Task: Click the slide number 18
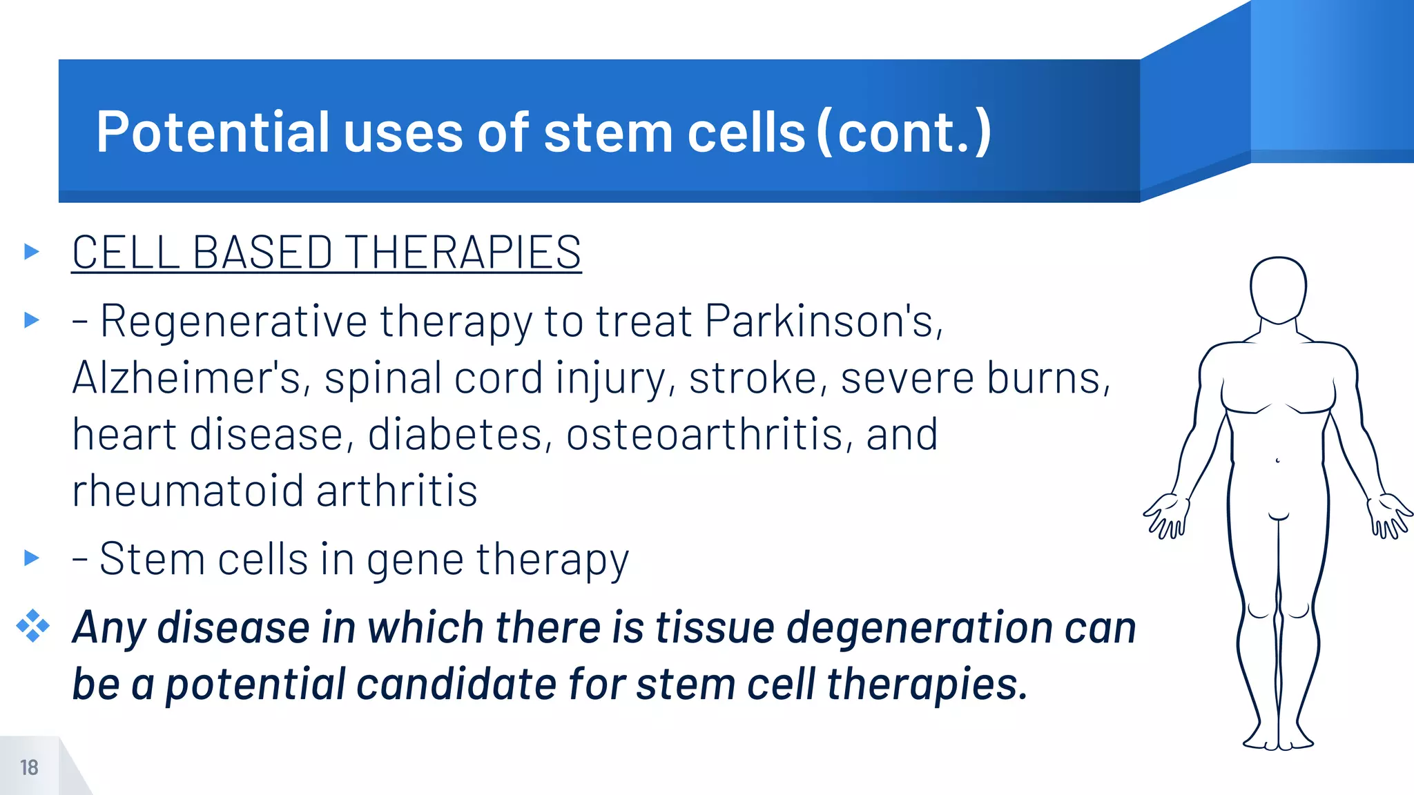click(29, 767)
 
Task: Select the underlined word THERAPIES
click(463, 253)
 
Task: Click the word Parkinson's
click(823, 322)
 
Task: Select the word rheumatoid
click(187, 491)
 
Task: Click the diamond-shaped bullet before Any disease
click(32, 626)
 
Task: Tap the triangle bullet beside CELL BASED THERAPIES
click(31, 251)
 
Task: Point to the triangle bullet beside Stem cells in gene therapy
click(31, 558)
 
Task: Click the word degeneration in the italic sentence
click(920, 628)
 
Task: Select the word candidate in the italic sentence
click(456, 685)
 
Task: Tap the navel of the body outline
click(1277, 460)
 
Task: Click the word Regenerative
click(233, 322)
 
